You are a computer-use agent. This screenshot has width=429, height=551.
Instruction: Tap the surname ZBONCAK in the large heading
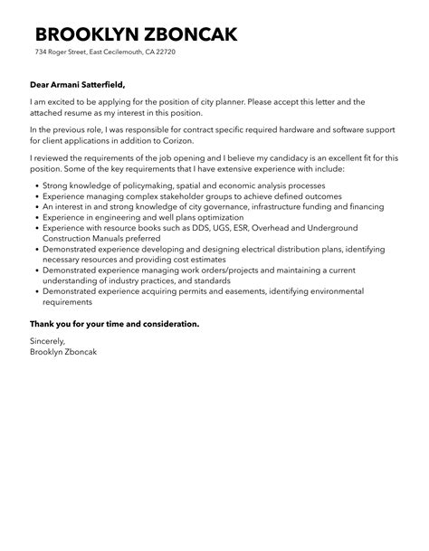193,34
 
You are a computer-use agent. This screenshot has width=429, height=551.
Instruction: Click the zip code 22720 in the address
165,52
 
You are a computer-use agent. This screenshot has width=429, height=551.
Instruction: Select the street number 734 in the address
41,52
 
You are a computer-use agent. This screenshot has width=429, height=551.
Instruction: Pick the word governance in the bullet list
209,206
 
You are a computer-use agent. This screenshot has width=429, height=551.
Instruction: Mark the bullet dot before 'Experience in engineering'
34,217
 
